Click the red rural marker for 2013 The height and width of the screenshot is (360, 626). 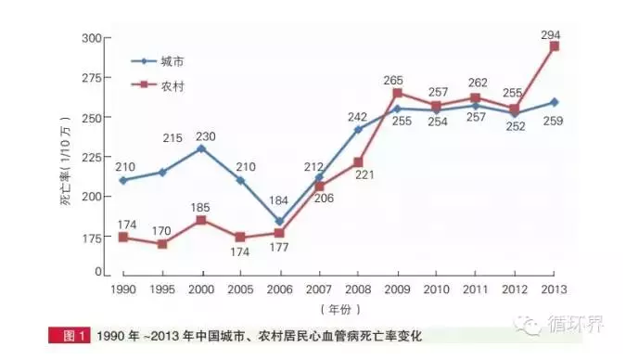point(554,45)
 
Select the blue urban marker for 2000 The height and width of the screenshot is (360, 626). point(201,148)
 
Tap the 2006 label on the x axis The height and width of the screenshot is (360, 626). point(279,289)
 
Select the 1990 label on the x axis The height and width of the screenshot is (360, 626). point(122,289)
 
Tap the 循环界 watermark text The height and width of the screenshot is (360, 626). point(574,327)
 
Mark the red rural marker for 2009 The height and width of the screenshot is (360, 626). point(397,93)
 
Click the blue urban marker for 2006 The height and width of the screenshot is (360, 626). point(279,222)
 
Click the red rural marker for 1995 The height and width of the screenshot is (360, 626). point(161,244)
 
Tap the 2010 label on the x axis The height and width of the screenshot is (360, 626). point(436,289)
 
